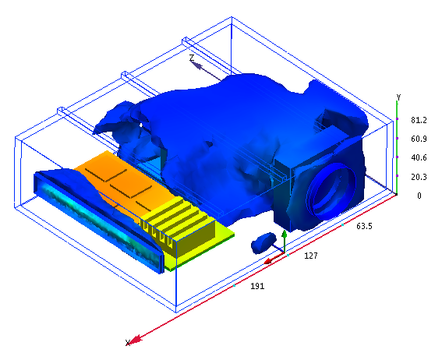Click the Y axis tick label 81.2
(x=419, y=120)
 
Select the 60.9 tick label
(x=419, y=139)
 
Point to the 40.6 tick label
(x=419, y=157)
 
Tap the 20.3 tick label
(x=419, y=177)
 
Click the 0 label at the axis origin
(x=419, y=196)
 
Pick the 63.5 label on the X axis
(x=364, y=226)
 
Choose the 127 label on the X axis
(x=311, y=256)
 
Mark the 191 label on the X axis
(x=257, y=286)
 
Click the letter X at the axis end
(x=128, y=343)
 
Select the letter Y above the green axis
(x=398, y=97)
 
